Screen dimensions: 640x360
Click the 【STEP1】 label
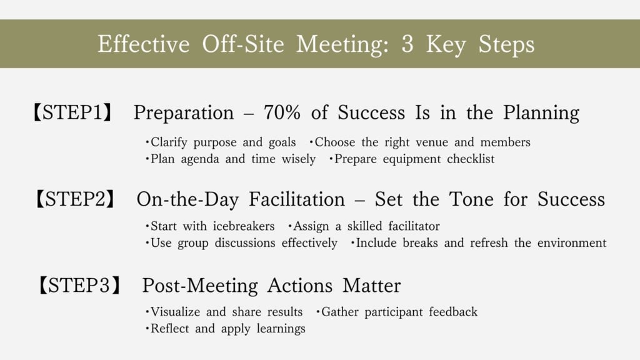pos(72,112)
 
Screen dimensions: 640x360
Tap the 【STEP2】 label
pos(75,199)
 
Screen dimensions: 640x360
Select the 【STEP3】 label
pos(79,285)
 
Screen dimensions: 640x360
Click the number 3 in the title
pos(407,44)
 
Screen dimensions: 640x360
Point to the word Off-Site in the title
pos(243,44)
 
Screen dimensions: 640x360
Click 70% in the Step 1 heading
pos(282,112)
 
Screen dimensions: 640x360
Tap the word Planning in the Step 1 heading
pos(541,114)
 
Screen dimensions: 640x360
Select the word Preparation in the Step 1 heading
pos(184,114)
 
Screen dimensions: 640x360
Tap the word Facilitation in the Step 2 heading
pos(297,199)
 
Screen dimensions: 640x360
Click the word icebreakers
pos(244,226)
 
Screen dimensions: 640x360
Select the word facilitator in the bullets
pos(414,226)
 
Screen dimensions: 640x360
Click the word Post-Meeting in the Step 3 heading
pos(200,286)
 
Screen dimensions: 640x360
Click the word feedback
pos(453,312)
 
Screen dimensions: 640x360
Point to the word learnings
pos(281,329)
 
